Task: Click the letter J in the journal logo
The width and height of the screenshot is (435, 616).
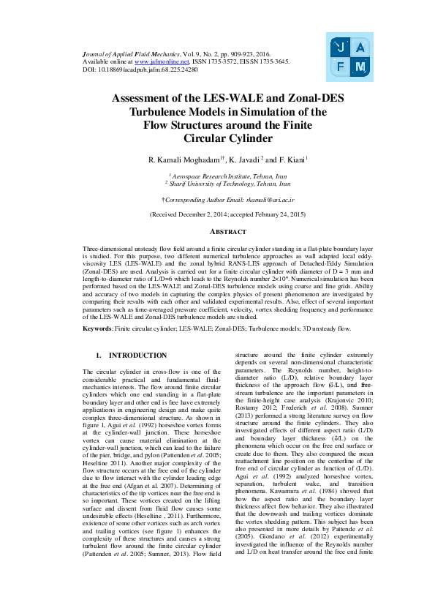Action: (338, 48)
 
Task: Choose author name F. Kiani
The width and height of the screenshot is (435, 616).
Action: (293, 159)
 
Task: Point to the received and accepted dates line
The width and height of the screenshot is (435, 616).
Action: (217, 214)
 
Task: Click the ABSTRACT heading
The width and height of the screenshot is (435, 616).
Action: (217, 232)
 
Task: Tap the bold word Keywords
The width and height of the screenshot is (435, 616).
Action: (97, 329)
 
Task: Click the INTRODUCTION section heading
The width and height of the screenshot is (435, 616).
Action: (137, 356)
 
